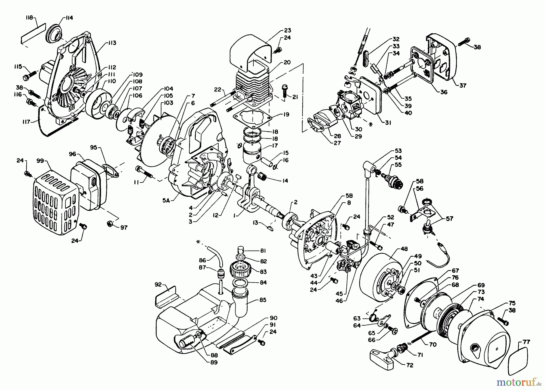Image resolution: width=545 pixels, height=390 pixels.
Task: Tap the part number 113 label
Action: point(111,43)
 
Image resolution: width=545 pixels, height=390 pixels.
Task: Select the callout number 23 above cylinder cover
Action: point(287,30)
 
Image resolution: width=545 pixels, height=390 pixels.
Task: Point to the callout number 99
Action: point(40,161)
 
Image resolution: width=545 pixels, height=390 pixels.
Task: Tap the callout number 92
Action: point(158,285)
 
